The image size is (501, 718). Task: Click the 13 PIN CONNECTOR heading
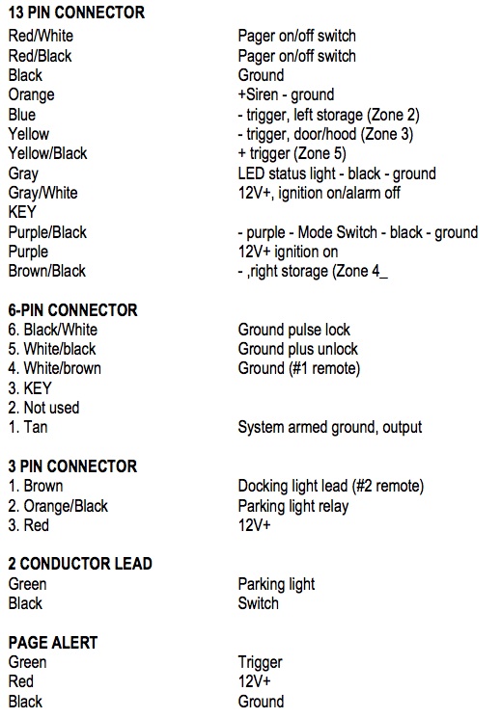coord(76,13)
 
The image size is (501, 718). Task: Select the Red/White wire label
coord(41,36)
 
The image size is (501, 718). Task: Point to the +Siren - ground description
coord(286,94)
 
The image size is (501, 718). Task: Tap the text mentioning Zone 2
coord(328,115)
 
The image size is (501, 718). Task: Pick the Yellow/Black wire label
coord(47,153)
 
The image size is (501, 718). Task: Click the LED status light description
coord(337,173)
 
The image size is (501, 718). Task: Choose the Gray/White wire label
coord(43,193)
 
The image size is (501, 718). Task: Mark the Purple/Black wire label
coord(47,232)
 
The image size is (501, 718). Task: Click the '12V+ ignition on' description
coord(288,252)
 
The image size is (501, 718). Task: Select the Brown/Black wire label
coord(46,271)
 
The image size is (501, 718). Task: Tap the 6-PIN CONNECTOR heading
coord(72,310)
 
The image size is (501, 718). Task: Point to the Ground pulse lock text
coord(293,330)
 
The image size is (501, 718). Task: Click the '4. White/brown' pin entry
coord(55,368)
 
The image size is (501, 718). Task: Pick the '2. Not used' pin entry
coord(43,408)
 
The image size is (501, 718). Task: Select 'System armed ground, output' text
coord(329,427)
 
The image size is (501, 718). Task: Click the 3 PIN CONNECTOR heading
coord(72,466)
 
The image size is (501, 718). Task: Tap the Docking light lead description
coord(331,486)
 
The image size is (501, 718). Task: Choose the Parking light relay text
coord(293,506)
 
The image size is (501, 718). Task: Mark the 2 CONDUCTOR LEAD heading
coord(80,564)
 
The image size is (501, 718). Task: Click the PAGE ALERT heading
coord(53,643)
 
